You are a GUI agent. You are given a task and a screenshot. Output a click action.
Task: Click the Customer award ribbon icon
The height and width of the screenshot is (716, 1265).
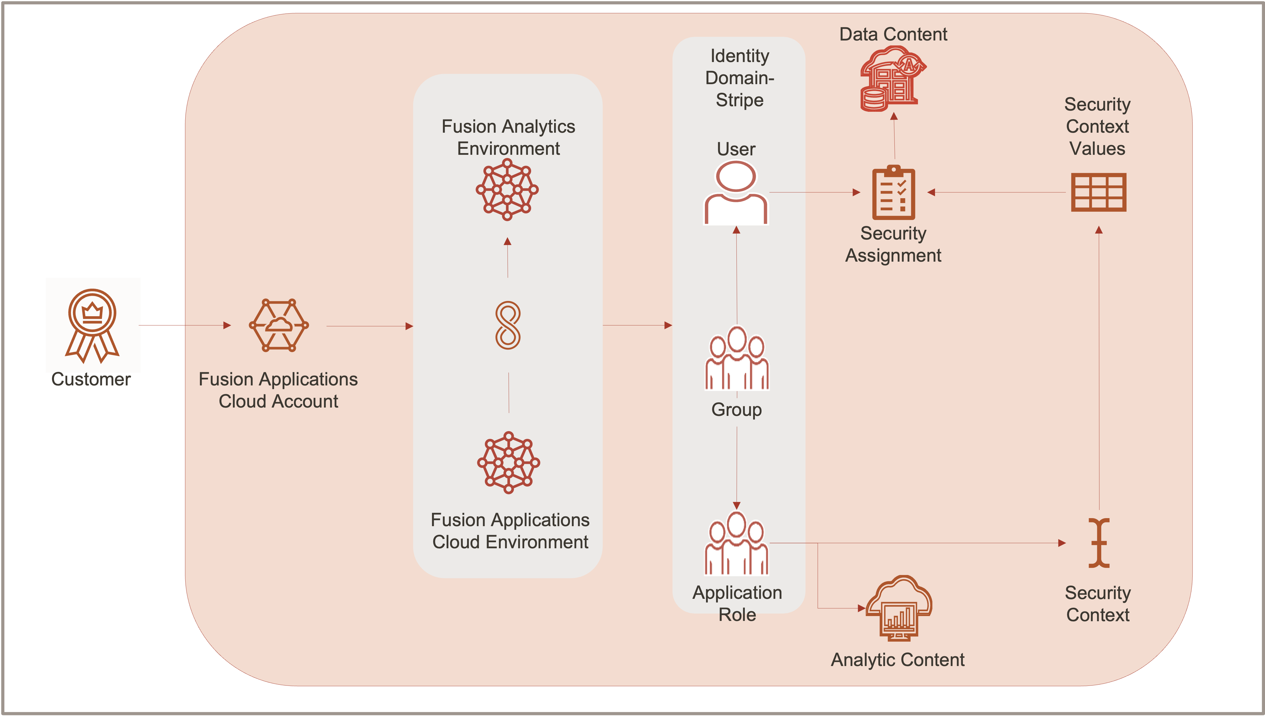92,325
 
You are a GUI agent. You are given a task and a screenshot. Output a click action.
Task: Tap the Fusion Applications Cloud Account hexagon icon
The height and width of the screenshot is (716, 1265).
279,325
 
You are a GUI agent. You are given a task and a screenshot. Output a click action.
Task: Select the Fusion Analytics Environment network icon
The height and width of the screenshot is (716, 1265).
507,189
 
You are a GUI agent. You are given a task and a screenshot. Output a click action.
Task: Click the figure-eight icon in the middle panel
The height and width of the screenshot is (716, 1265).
508,325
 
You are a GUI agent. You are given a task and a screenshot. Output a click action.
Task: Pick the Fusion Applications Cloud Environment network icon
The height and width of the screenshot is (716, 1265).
509,462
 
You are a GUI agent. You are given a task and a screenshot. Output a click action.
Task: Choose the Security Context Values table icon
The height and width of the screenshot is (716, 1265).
1098,192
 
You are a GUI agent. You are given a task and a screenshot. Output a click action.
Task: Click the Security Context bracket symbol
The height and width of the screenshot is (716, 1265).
1099,543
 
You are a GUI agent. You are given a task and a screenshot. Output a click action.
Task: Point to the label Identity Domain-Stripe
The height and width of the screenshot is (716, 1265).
739,78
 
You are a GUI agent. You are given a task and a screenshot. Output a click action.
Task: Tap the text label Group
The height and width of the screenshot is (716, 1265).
736,410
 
